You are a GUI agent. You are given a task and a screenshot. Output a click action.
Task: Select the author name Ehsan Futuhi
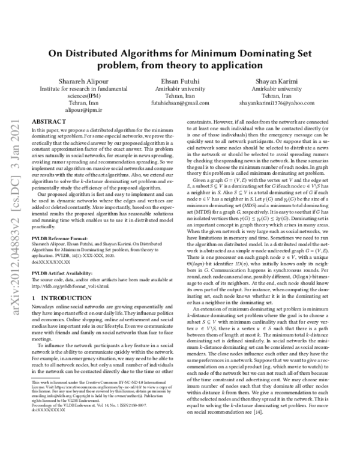point(180,81)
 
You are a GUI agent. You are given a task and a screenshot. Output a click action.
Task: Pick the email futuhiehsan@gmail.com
point(180,103)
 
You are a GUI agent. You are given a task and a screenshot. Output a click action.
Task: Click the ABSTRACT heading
point(48,121)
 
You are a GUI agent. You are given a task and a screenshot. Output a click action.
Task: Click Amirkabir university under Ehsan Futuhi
point(180,88)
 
